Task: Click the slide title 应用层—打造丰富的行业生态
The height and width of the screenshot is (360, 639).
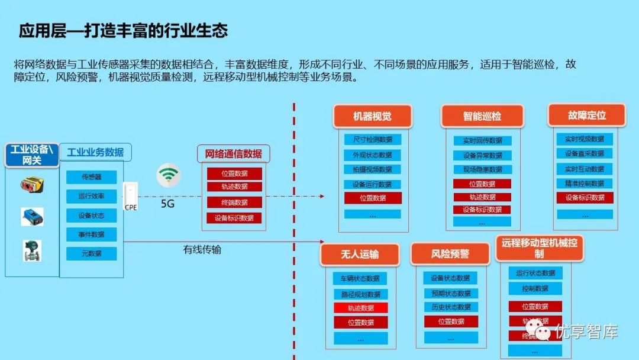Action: point(123,31)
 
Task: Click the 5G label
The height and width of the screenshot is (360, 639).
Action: point(168,204)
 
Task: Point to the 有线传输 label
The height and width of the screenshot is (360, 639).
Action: point(202,250)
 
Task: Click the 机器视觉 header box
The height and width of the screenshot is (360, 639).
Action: point(372,117)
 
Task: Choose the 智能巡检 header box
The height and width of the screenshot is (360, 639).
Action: point(482,117)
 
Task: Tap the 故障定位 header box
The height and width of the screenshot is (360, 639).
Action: point(586,115)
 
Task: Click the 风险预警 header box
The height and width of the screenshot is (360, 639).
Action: point(450,254)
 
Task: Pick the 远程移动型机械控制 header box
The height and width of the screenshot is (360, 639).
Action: point(539,248)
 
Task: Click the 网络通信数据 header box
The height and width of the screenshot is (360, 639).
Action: point(233,154)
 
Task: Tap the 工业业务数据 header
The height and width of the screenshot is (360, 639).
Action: point(95,152)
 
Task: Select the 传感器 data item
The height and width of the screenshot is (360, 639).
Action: point(91,177)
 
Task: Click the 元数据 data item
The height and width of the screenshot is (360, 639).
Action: point(91,253)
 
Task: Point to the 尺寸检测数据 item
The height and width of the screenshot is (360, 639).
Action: point(372,140)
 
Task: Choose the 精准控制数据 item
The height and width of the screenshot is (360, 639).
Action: point(584,184)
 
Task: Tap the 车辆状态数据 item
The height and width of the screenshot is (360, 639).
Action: point(360,278)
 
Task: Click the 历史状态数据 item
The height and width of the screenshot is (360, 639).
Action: point(451,307)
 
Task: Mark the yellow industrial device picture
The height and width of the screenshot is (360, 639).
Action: point(32,185)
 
